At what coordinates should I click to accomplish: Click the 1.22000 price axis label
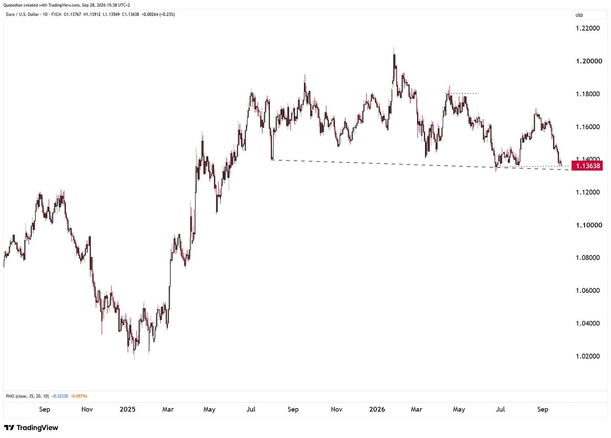click(x=587, y=29)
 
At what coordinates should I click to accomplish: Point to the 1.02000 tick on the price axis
click(x=587, y=356)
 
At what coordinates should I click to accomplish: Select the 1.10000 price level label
click(x=589, y=225)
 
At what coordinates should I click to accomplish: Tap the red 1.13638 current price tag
click(x=587, y=166)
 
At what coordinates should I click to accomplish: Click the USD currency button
click(x=579, y=15)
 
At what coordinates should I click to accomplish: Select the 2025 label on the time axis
click(x=128, y=409)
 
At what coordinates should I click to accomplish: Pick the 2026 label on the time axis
click(x=377, y=409)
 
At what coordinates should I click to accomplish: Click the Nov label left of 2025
click(x=87, y=409)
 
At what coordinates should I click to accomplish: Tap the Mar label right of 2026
click(x=417, y=409)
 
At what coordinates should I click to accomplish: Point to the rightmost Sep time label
click(x=543, y=409)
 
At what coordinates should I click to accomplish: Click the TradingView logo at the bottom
click(x=31, y=428)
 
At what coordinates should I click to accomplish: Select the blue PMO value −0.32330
click(x=60, y=396)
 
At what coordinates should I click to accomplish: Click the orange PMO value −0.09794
click(x=79, y=396)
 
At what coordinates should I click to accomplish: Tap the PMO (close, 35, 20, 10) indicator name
click(x=27, y=396)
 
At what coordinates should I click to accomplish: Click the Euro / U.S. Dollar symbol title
click(x=22, y=14)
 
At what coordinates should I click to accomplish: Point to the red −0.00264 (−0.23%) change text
click(x=158, y=14)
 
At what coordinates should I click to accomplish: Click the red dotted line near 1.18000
click(x=461, y=94)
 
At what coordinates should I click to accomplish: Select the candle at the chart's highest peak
click(x=394, y=65)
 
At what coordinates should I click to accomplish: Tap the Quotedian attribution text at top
click(x=67, y=5)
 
